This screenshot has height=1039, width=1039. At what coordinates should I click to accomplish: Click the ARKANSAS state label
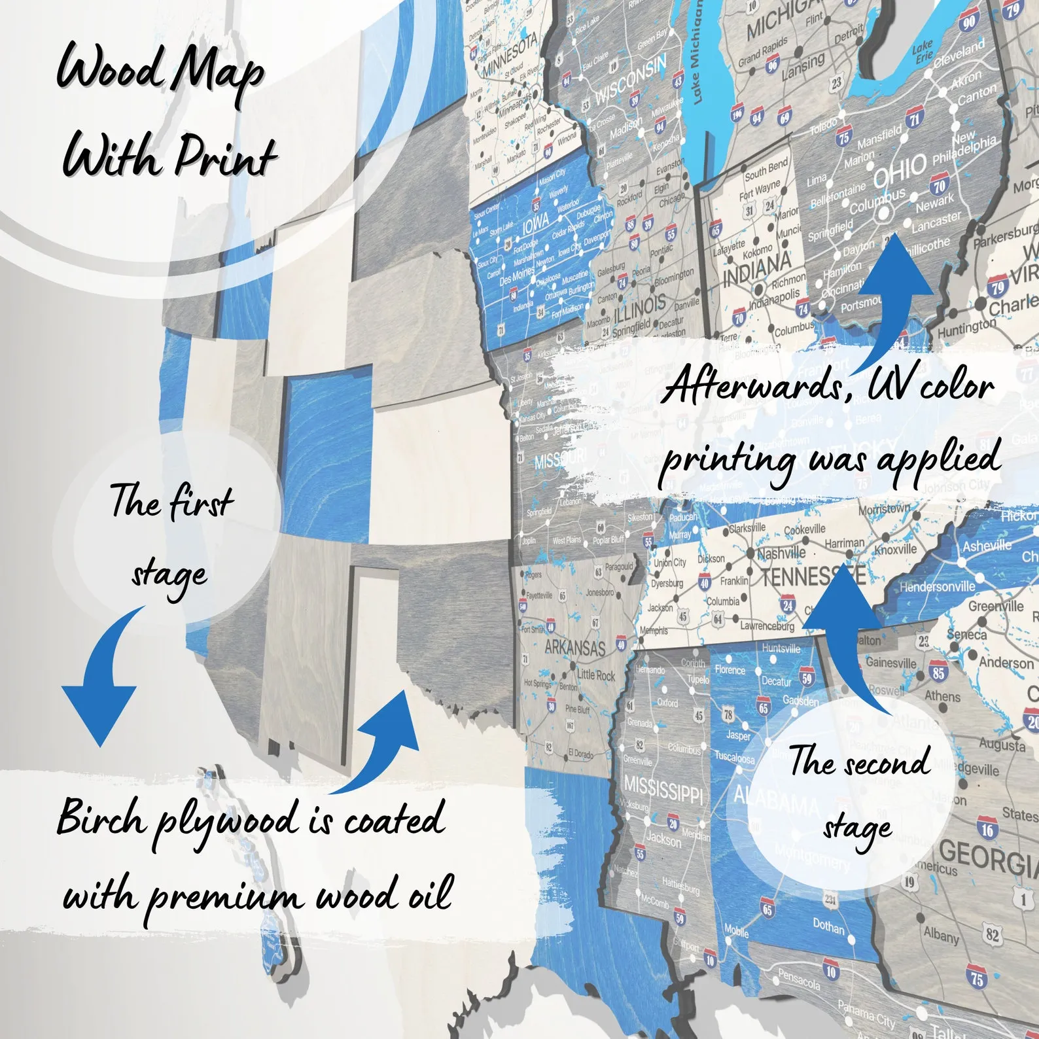575,647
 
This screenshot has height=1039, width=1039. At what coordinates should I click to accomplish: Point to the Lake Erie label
923,51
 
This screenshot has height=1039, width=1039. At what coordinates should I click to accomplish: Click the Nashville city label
781,553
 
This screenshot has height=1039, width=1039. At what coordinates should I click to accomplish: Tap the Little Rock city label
595,675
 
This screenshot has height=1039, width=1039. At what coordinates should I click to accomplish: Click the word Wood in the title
108,69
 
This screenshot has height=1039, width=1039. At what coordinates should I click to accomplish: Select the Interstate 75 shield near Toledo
843,138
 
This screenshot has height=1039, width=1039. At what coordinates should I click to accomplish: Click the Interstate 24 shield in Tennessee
787,605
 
